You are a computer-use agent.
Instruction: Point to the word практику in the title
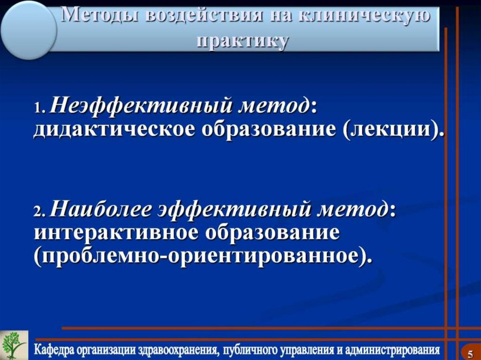point(242,41)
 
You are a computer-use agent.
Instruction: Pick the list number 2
point(39,213)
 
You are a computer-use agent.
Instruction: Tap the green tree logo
point(13,345)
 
